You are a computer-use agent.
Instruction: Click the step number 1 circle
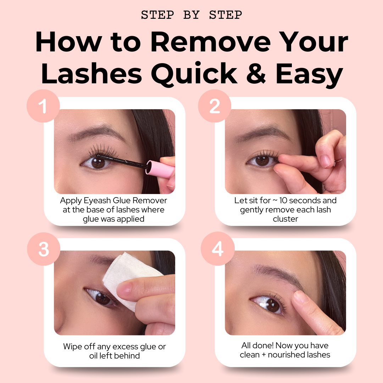coord(43,106)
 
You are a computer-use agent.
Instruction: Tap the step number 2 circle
coord(215,106)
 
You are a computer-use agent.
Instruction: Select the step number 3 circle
coord(44,249)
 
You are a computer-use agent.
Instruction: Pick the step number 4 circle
coord(218,249)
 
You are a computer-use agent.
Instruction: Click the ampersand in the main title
coord(256,73)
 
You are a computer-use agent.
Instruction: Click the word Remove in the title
coord(211,42)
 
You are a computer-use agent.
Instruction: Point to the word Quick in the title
coord(194,73)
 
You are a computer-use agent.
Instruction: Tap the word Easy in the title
coord(310,74)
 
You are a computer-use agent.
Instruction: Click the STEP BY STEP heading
coord(191,15)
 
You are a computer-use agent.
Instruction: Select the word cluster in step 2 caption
coord(285,219)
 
